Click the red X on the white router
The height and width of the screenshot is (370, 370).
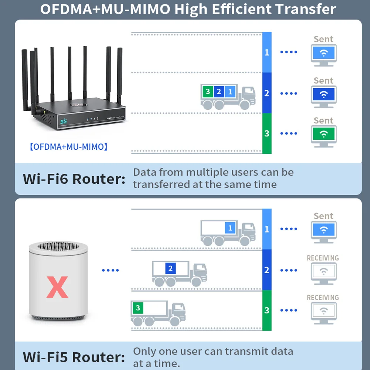click(x=57, y=287)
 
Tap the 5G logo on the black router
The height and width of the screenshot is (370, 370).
click(x=64, y=121)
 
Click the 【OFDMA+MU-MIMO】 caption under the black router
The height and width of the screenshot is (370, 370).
click(x=68, y=147)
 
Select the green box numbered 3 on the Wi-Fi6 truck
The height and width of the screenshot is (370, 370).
click(x=208, y=91)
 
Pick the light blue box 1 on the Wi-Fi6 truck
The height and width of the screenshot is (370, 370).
click(x=230, y=91)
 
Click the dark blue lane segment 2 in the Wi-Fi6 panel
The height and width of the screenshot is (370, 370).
click(x=267, y=93)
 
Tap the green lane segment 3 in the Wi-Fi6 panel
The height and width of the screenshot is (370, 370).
click(x=267, y=133)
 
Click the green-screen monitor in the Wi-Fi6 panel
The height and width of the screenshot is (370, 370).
click(x=323, y=134)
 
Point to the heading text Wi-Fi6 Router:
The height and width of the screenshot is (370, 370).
click(x=74, y=179)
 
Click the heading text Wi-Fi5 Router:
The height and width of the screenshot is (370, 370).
click(x=74, y=357)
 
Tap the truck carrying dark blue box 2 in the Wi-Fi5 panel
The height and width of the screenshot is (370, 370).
click(x=179, y=274)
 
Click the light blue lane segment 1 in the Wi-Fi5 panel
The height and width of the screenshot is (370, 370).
click(x=267, y=229)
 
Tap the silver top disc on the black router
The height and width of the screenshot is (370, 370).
click(x=78, y=105)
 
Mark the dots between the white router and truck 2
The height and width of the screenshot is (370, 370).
click(x=110, y=270)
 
